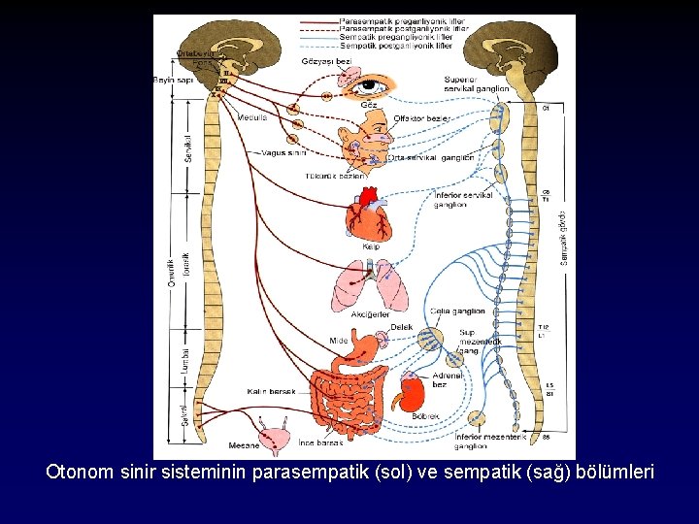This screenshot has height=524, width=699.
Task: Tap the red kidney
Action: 415,395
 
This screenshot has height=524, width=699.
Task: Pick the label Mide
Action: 338,341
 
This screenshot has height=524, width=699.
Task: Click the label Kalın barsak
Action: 270,391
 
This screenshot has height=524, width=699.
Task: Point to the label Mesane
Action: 244,445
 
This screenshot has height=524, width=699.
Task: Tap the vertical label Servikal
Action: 188,147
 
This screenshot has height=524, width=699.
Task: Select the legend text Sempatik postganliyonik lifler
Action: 396,46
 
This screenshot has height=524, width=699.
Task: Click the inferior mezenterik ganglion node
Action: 476,418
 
